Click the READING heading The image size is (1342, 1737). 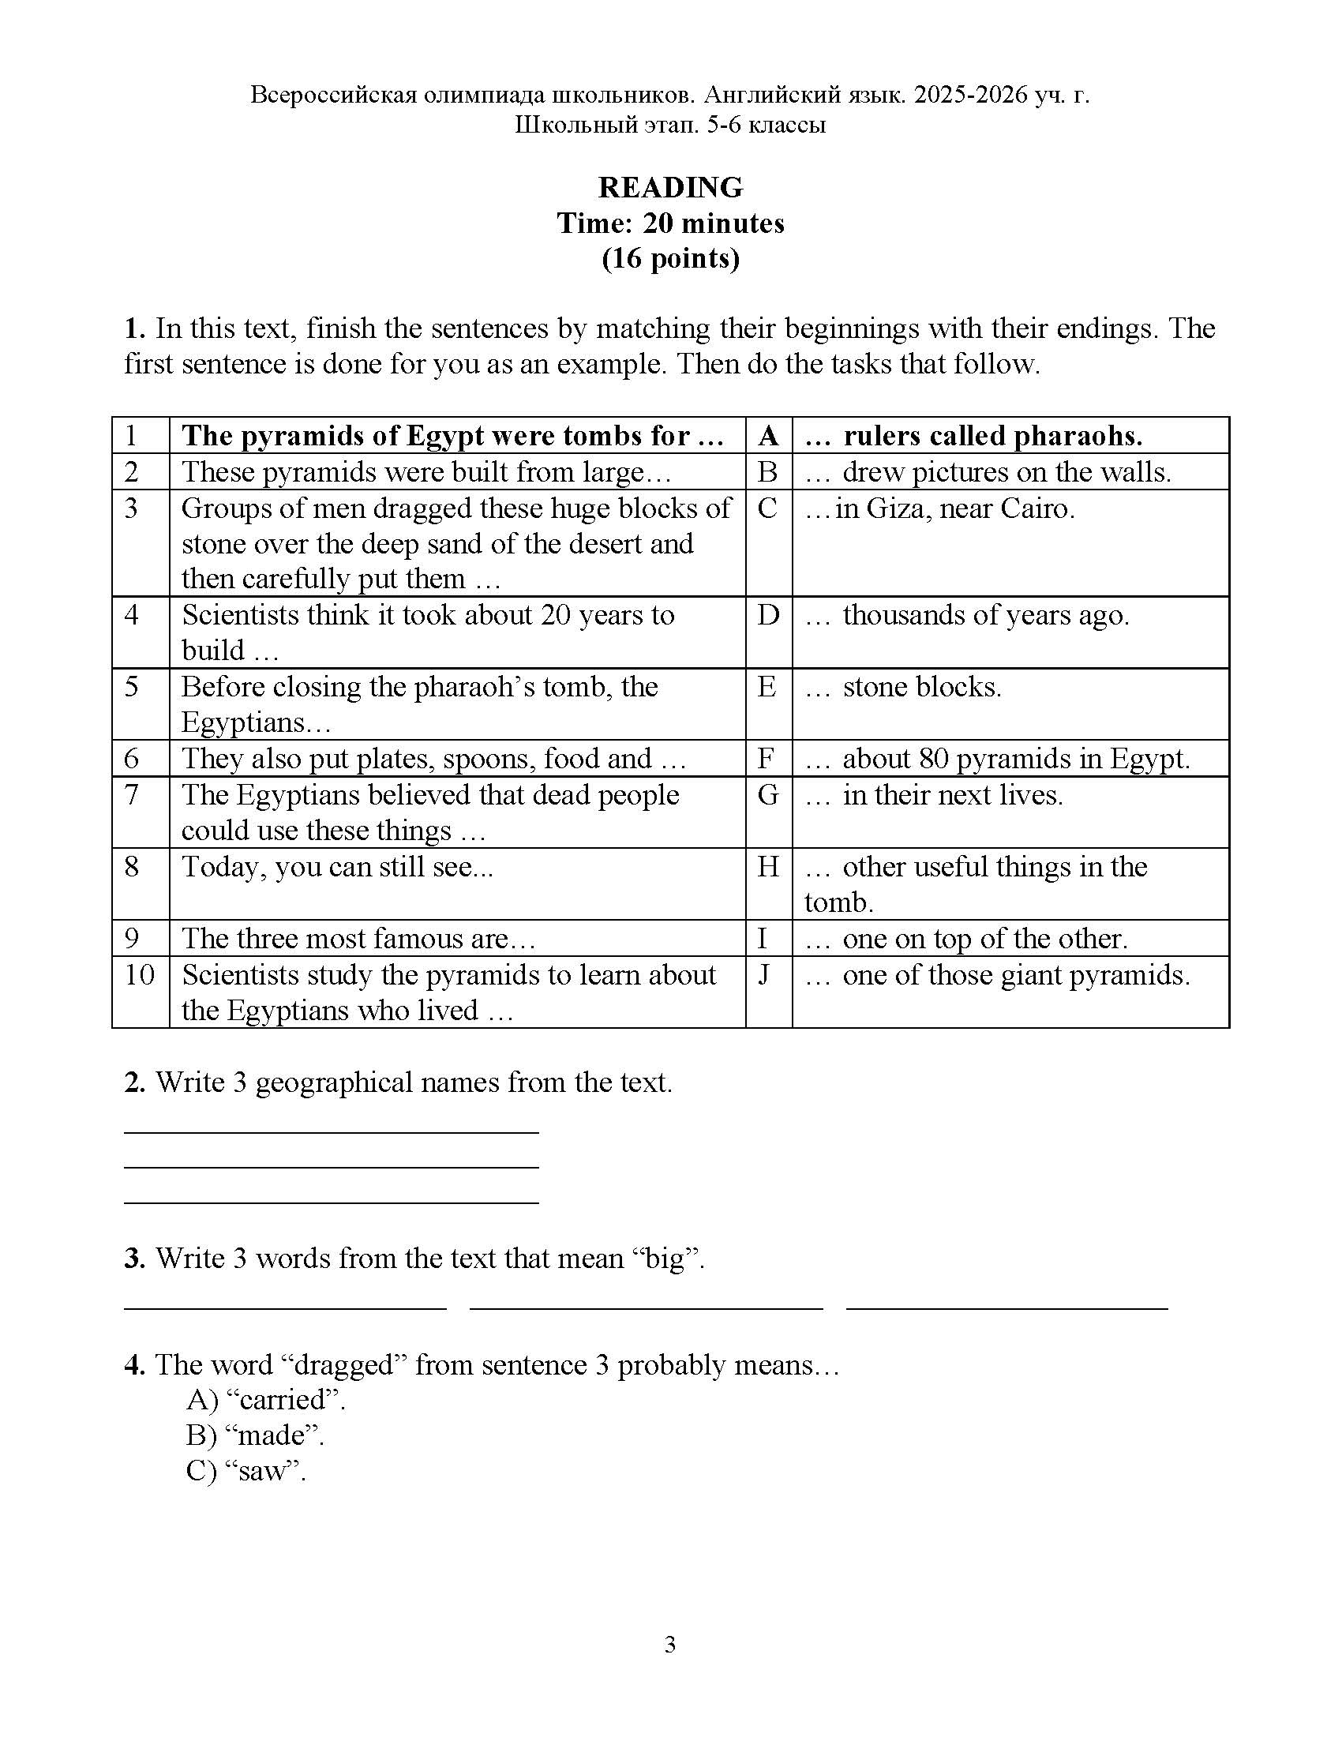(x=670, y=188)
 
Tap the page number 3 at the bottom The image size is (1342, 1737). (x=670, y=1645)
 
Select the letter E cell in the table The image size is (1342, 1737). (x=767, y=686)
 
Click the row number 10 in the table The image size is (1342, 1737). (x=140, y=974)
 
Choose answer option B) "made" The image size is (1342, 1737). (x=255, y=1435)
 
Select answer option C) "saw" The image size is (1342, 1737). (x=246, y=1471)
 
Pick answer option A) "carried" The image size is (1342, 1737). (x=265, y=1399)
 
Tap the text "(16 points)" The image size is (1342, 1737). (x=670, y=258)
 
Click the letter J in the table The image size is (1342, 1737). (x=765, y=974)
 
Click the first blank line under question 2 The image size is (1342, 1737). (x=331, y=1131)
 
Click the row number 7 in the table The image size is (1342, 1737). (x=132, y=794)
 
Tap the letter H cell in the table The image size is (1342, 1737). (x=767, y=866)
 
